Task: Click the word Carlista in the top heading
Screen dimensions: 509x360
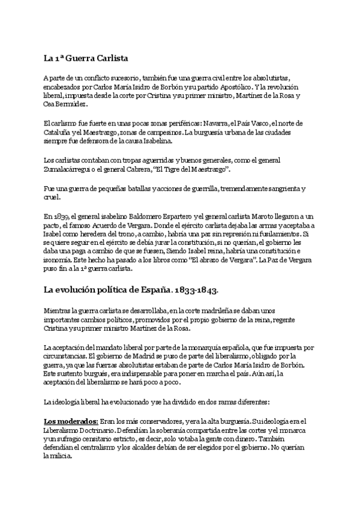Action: [110, 58]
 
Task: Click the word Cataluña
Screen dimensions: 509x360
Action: [58, 132]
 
